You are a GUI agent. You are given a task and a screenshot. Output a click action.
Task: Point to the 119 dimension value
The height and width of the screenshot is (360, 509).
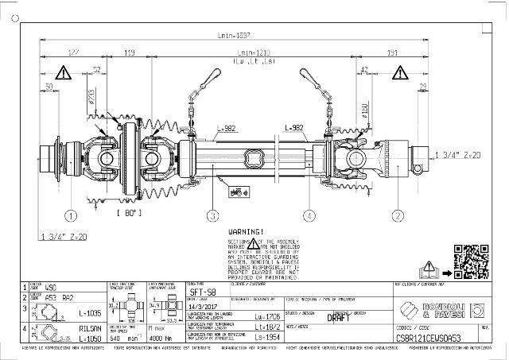[x=130, y=54]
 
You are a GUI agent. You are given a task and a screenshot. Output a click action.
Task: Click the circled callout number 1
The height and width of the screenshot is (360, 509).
[x=71, y=215]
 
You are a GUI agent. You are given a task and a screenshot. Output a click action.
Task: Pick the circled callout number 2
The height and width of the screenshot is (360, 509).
[x=397, y=215]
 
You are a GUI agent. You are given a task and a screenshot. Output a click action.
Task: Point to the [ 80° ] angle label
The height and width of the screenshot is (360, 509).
[x=129, y=214]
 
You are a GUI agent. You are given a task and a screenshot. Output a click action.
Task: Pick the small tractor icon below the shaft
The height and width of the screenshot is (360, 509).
[x=236, y=191]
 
